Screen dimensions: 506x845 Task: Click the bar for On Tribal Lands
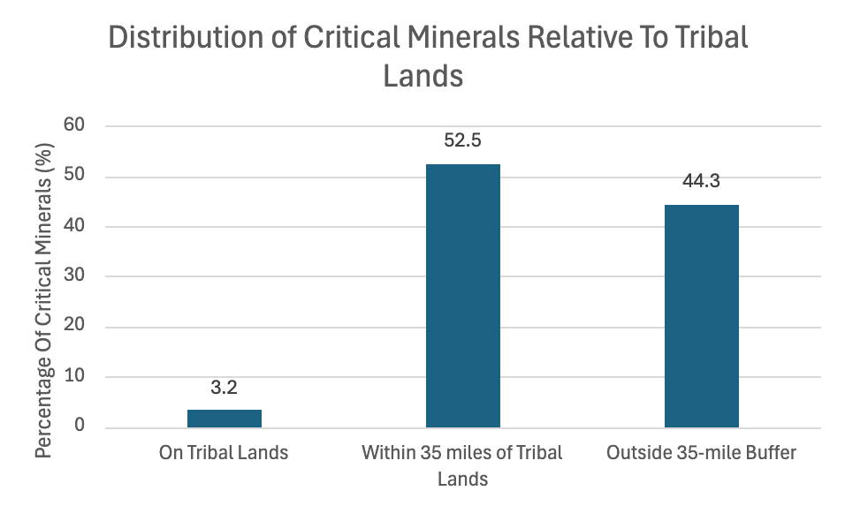[x=224, y=419]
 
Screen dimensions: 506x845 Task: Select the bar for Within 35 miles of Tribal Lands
[x=462, y=296]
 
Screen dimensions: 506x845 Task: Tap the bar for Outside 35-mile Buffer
[x=701, y=316]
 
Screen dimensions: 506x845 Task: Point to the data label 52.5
[x=462, y=140]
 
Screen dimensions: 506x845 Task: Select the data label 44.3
[x=701, y=181]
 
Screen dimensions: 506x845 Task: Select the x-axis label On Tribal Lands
[x=224, y=453]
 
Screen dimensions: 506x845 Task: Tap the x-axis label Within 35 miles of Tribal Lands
[x=462, y=465]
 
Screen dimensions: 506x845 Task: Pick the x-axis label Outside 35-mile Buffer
[x=701, y=453]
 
